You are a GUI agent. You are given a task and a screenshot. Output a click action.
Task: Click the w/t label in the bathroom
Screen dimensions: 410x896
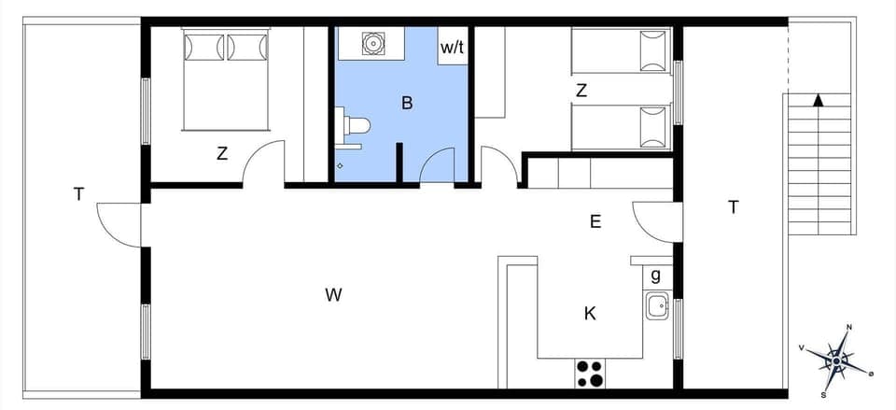pos(453,48)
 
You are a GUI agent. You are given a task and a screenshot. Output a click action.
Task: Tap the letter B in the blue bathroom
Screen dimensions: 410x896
pos(407,103)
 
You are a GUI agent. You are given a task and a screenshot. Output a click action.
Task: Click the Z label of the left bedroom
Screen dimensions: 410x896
pos(222,154)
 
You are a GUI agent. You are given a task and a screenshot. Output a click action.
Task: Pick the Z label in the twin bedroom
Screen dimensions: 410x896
pos(581,91)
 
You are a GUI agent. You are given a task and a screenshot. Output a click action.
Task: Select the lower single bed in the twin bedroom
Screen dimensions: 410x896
pos(621,126)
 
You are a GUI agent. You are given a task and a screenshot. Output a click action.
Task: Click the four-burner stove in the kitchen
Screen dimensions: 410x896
pos(589,373)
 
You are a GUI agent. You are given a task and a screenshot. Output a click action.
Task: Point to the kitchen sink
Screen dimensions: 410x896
pos(657,304)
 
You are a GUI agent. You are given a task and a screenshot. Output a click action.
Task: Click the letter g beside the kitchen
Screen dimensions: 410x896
pos(656,275)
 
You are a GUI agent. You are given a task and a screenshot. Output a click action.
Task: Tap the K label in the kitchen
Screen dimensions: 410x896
pos(590,313)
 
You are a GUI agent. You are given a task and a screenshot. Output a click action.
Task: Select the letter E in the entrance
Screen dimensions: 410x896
pos(595,221)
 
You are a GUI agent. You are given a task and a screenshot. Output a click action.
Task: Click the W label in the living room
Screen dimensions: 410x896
pos(334,295)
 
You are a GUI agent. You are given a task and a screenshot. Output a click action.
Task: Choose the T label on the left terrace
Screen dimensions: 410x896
pos(79,194)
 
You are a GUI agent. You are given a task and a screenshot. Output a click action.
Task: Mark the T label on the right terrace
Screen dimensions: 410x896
pos(734,207)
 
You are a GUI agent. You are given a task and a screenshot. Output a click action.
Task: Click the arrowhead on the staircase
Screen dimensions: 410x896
pos(819,100)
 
